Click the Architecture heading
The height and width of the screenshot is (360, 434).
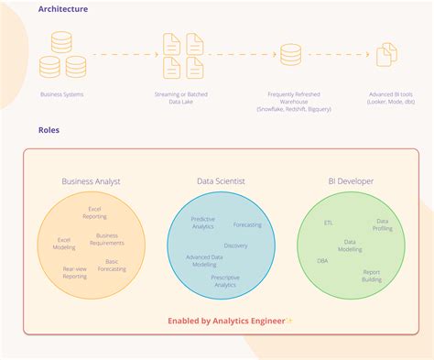pos(63,9)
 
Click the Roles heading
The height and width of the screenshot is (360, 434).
pos(49,130)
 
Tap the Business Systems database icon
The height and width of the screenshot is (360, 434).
pos(63,54)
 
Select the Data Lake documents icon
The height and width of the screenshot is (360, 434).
pos(182,55)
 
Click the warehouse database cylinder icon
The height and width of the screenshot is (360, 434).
pos(290,55)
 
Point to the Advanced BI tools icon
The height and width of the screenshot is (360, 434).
pos(386,54)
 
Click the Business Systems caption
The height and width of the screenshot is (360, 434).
pos(62,94)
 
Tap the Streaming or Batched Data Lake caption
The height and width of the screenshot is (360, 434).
pos(182,99)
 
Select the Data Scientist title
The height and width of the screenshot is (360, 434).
pos(220,181)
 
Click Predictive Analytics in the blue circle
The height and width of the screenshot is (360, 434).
pos(202,222)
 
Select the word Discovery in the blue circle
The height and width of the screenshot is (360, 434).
pos(235,245)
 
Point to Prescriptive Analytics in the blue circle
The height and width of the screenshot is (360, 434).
pos(225,281)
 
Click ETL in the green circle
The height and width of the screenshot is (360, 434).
pos(329,223)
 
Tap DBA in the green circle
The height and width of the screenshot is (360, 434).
pos(322,260)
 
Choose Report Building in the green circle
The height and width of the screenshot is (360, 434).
pos(371,275)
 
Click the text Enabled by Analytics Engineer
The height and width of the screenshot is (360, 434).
pos(226,321)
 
